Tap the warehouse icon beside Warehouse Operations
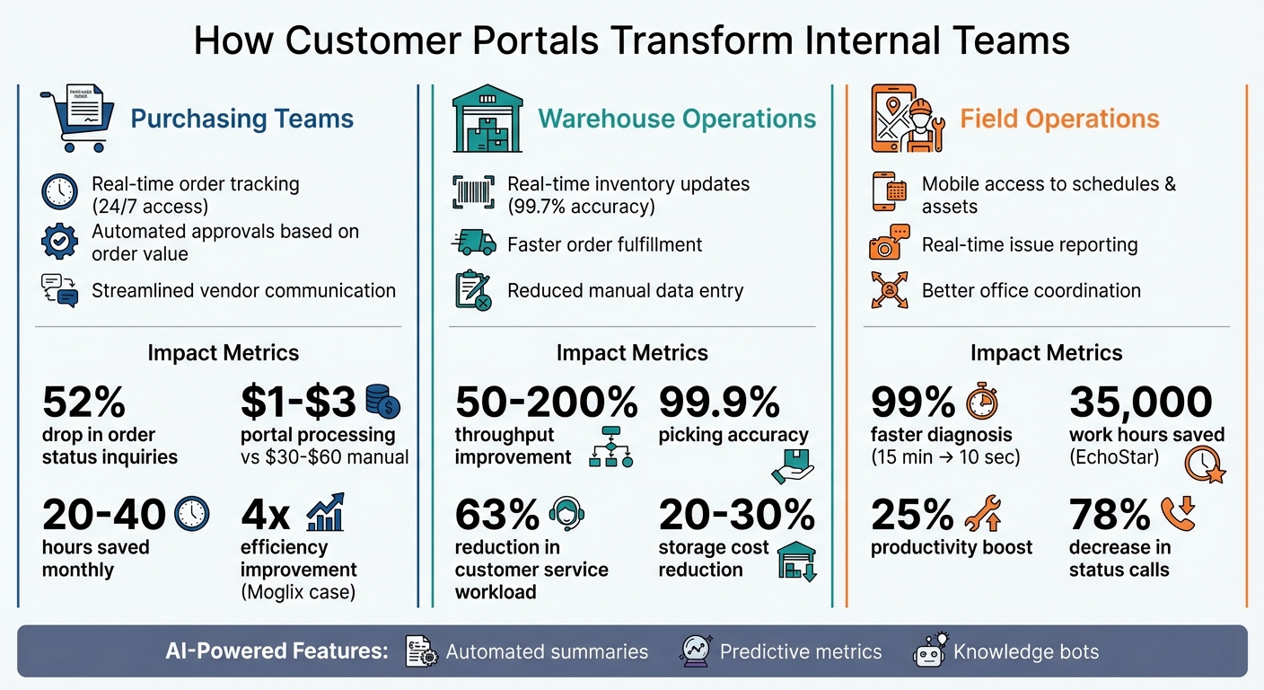(487, 119)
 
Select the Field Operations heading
(1059, 119)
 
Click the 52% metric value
(84, 403)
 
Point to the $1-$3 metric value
(299, 403)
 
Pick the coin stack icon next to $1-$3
(383, 402)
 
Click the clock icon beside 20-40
(191, 514)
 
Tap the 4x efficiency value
(266, 515)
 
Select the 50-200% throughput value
(546, 403)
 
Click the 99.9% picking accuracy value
(719, 403)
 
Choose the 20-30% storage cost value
(736, 515)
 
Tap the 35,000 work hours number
(1140, 403)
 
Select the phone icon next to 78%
(1178, 514)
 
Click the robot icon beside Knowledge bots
(930, 650)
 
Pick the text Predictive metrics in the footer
(801, 652)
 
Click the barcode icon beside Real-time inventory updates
(474, 194)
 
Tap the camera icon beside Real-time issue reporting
(889, 244)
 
